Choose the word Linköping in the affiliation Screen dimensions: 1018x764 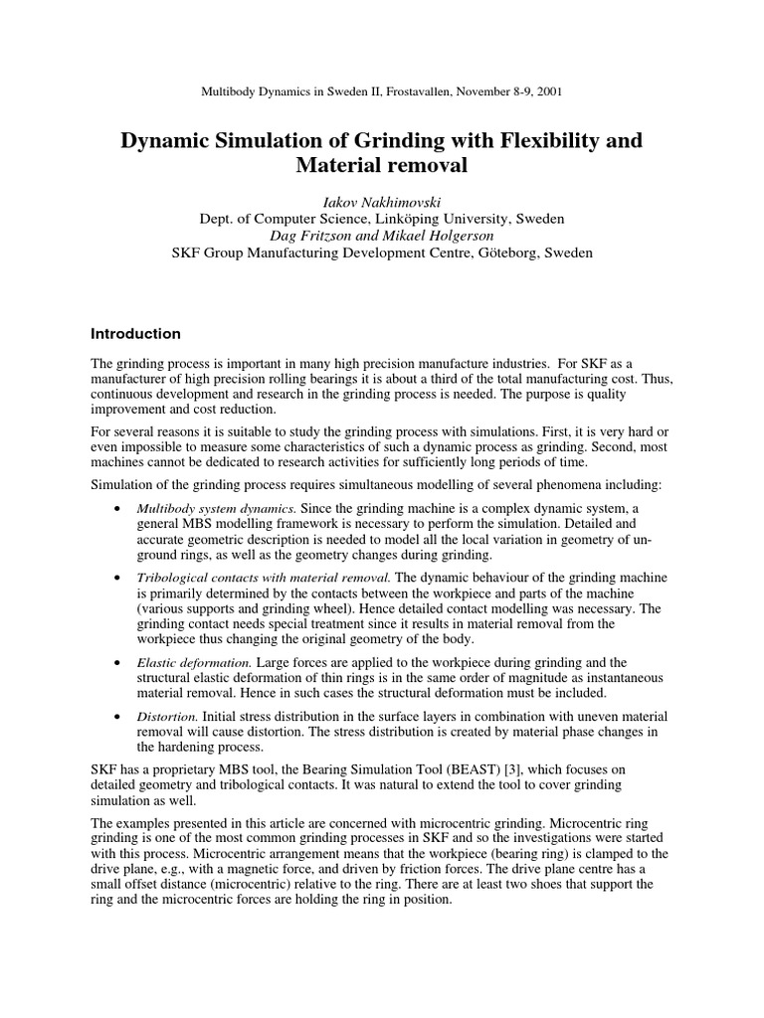411,219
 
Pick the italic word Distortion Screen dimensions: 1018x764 167,716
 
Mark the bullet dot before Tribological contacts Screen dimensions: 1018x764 118,578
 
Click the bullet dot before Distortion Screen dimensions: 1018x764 118,716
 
